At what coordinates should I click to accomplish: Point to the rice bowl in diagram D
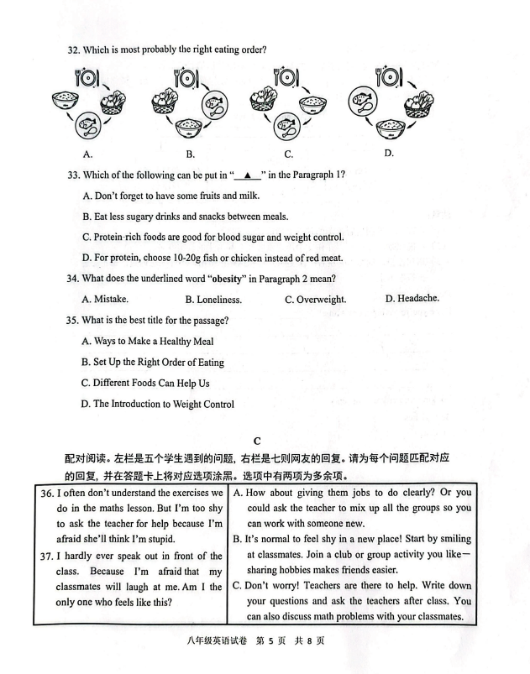389,128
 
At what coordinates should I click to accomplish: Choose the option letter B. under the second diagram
191,154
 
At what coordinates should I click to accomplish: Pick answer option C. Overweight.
315,300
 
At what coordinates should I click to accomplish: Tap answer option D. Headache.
412,299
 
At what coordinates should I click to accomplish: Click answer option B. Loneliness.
213,300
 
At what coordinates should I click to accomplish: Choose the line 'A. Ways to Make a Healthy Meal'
147,342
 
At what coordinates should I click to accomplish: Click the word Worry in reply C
291,586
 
